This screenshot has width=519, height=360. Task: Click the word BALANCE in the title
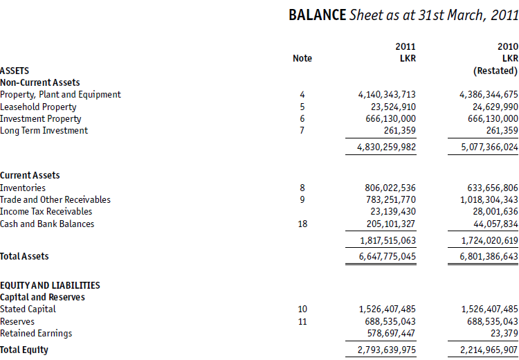(x=317, y=15)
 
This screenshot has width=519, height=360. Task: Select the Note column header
(x=302, y=58)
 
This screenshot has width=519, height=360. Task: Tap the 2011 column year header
(x=406, y=46)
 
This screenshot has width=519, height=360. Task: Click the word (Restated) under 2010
(x=495, y=71)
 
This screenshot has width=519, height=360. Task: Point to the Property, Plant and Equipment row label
(x=60, y=94)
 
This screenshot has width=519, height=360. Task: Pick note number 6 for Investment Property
(x=302, y=118)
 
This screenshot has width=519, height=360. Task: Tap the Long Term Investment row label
(x=44, y=130)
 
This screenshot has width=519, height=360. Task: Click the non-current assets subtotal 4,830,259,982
(x=387, y=147)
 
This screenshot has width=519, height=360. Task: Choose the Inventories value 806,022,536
(x=390, y=188)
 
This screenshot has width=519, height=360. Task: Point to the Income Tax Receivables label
(x=46, y=211)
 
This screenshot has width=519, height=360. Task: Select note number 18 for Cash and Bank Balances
(x=302, y=224)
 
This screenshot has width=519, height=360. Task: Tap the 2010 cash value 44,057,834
(x=493, y=224)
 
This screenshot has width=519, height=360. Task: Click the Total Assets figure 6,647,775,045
(x=387, y=256)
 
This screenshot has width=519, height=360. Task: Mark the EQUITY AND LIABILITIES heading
(x=50, y=285)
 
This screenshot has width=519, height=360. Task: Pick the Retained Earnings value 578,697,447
(x=390, y=333)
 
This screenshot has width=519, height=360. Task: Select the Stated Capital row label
(x=28, y=309)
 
